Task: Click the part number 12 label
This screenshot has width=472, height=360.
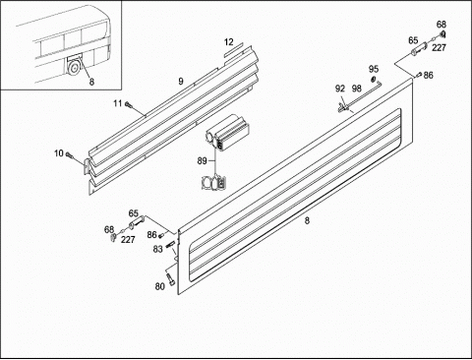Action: tap(229, 42)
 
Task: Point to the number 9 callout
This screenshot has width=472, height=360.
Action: tap(181, 81)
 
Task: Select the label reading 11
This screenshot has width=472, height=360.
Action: tap(118, 103)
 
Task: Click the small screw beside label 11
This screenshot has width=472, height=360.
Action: tap(128, 105)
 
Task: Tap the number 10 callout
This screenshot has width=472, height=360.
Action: tap(59, 153)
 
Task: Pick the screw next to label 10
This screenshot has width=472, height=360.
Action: tap(69, 154)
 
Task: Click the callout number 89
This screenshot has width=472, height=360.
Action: tap(203, 161)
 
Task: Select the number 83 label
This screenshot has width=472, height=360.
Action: tap(157, 249)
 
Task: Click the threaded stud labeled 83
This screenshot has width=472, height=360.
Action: tap(171, 245)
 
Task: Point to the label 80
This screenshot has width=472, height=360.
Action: tap(159, 286)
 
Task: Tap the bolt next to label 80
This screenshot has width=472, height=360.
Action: tap(171, 279)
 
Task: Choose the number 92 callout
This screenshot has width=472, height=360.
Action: tap(340, 89)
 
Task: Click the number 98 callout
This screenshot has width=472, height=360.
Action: tap(357, 89)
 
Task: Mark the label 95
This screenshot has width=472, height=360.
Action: tap(374, 69)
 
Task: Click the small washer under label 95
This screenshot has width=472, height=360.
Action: tap(373, 79)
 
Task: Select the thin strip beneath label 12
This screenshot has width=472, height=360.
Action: tap(234, 50)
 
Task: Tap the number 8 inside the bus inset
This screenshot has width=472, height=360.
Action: tap(91, 82)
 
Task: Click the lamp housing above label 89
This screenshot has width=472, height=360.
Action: tap(227, 133)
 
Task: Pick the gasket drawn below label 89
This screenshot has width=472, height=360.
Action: tap(213, 182)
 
